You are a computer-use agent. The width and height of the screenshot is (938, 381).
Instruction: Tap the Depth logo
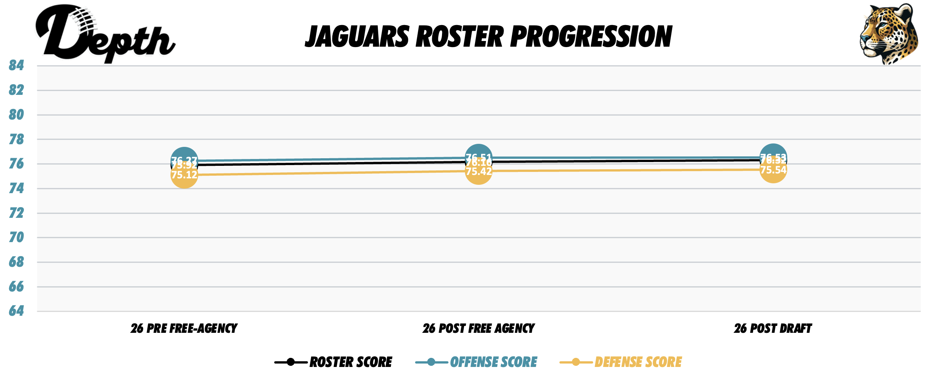[x=104, y=34]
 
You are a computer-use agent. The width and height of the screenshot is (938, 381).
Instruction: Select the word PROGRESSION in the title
[x=591, y=37]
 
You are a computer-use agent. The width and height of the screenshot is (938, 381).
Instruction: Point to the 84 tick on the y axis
[x=16, y=66]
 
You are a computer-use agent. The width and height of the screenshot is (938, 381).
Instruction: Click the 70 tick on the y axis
[x=16, y=238]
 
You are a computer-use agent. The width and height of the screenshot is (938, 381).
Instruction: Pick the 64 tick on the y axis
[x=16, y=311]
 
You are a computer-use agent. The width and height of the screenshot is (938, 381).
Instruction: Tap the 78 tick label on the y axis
[x=16, y=140]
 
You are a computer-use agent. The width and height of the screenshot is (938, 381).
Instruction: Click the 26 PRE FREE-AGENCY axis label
[x=184, y=329]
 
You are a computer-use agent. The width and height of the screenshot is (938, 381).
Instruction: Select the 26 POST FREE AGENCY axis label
[x=478, y=329]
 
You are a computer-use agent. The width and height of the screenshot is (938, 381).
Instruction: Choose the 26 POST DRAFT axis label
[x=773, y=329]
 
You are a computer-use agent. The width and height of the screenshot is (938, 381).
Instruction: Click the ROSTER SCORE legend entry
[x=350, y=362]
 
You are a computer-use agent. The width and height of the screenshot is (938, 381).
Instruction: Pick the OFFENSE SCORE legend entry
[x=493, y=362]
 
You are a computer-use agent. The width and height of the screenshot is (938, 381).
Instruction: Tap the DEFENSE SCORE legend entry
[x=638, y=362]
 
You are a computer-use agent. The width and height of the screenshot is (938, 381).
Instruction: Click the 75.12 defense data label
[x=184, y=175]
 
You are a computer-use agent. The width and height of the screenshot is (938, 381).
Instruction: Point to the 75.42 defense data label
[x=478, y=172]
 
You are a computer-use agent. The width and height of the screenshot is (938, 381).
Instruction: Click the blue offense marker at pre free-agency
[x=184, y=154]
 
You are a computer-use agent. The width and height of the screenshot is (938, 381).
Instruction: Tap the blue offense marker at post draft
[x=773, y=151]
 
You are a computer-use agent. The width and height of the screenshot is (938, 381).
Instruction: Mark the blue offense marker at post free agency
[x=478, y=151]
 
